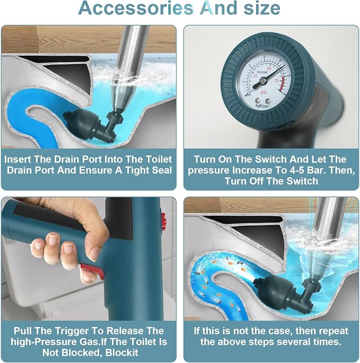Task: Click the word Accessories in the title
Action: (x=136, y=8)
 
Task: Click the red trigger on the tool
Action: (x=92, y=271)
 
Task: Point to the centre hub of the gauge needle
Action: (x=263, y=81)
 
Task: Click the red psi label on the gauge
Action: (x=264, y=92)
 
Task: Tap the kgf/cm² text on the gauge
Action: (x=262, y=106)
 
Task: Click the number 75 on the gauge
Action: (x=276, y=81)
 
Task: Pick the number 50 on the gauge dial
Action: (x=269, y=69)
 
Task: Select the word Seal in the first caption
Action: (x=162, y=170)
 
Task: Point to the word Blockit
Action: (x=122, y=353)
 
